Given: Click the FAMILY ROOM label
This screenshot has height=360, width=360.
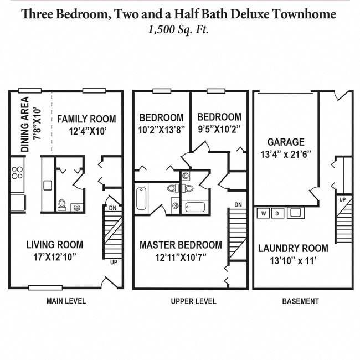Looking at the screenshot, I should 86,119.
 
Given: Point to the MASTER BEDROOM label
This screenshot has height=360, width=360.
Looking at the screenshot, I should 181,244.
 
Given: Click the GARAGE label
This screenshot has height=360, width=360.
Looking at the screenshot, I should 286,142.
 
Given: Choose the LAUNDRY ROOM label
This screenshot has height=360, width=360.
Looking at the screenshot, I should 293,248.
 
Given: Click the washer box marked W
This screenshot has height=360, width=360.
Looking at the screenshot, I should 264,213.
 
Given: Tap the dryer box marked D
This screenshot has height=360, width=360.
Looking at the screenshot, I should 277,213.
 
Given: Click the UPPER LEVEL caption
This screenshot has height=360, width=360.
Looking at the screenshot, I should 191,301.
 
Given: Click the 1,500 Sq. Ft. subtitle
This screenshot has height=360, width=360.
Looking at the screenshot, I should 179,29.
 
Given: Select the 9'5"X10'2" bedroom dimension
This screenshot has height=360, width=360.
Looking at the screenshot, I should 219,128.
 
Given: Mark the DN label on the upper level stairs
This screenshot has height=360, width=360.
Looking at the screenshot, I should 238,205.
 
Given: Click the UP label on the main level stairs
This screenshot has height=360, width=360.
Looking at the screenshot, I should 114,262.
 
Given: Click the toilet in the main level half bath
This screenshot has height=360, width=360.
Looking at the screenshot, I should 63,204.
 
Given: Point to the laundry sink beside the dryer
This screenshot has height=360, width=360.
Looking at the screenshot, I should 295,213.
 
